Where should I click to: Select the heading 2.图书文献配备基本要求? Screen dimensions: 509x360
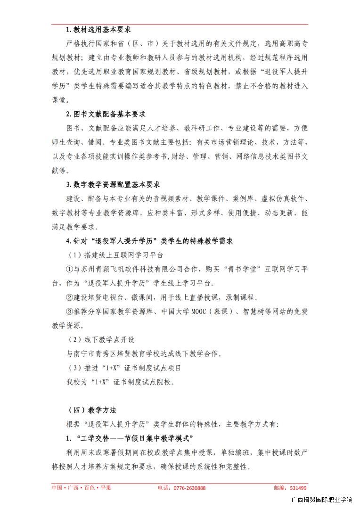106,114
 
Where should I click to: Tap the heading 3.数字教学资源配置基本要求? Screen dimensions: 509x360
113,185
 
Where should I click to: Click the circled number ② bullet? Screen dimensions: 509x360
69,297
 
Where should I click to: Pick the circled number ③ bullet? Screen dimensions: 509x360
69,312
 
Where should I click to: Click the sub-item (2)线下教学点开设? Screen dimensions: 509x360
101,339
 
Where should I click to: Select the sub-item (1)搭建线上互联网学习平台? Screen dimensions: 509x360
115,255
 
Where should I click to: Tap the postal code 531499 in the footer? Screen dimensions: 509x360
297,488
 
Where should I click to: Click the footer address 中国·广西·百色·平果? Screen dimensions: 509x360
81,488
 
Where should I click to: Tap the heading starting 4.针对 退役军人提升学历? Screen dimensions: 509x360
150,241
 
